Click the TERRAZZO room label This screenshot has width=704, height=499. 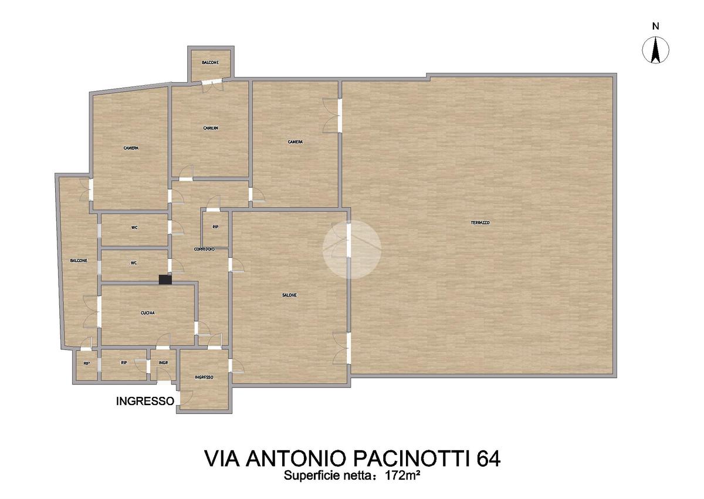point(480,222)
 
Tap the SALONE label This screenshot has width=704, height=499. point(289,295)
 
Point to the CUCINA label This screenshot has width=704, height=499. point(148,313)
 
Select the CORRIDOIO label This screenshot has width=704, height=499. point(204,249)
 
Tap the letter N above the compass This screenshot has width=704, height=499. point(655,27)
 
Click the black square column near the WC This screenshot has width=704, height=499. point(165,279)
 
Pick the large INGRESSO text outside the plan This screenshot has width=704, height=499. point(145,401)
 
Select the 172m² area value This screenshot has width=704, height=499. point(402,476)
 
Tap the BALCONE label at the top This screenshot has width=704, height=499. point(211,63)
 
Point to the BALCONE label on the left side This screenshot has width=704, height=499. point(79,260)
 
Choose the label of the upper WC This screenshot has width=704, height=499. point(134,227)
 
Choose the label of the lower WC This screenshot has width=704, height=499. point(134,263)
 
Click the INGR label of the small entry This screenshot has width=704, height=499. point(163,363)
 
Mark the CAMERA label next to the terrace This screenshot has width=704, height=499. point(296,142)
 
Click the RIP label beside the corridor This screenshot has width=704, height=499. point(215,227)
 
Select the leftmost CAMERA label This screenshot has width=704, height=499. point(131,148)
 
